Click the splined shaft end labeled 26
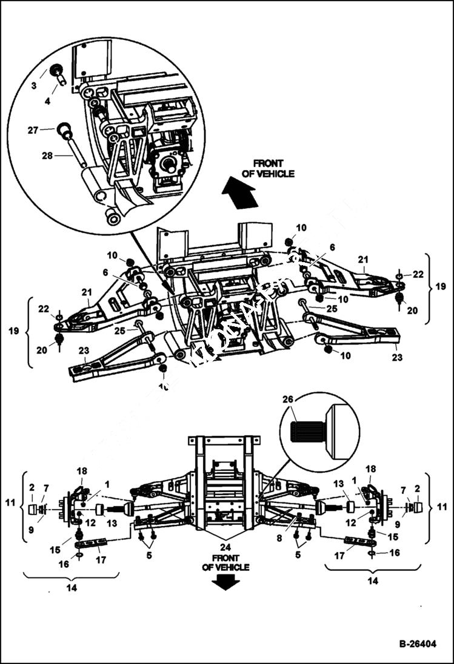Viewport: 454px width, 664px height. point(307,431)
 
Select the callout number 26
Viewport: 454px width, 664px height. point(287,400)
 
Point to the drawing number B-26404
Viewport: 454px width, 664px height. point(417,644)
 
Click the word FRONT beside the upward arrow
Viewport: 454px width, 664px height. point(268,163)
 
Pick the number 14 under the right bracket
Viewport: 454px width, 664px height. point(372,580)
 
